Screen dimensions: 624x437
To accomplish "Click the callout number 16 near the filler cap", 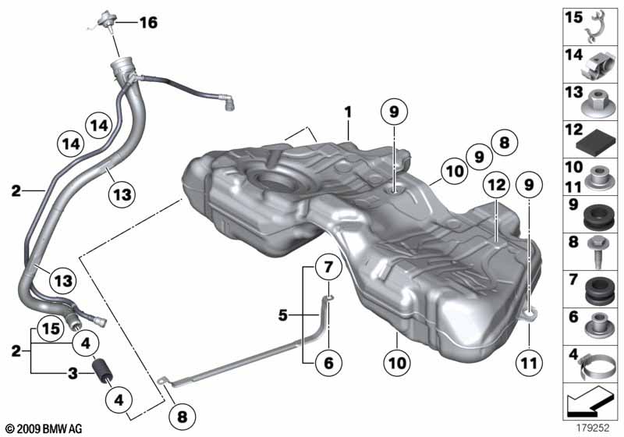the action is tap(148, 23).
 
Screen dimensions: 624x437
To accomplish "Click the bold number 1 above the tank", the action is tap(348, 112).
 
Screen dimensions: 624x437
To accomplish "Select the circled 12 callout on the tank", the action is tap(496, 185).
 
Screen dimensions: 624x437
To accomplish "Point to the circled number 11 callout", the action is tap(529, 363).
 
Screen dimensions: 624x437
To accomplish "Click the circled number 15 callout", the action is tap(51, 329).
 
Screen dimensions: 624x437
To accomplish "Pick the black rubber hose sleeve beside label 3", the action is tap(103, 371).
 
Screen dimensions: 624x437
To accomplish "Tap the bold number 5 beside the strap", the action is tap(282, 315).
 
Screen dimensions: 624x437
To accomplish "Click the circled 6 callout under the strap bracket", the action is tap(328, 363).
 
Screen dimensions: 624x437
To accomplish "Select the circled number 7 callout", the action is tap(328, 267).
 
